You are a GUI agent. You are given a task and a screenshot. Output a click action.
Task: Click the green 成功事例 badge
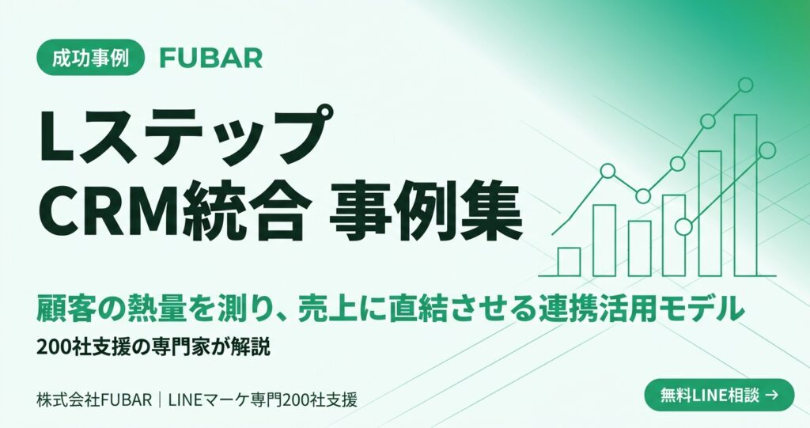(90, 58)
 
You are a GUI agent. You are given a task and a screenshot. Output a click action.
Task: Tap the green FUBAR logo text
(210, 58)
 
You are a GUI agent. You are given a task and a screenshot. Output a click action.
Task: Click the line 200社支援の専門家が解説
(153, 347)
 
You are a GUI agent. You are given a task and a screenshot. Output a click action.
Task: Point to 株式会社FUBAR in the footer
(95, 400)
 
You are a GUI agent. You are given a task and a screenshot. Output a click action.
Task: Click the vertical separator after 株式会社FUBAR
(161, 400)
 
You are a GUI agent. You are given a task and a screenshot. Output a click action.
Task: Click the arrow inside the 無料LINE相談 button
(771, 396)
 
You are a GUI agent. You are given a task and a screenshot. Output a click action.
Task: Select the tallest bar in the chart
(745, 195)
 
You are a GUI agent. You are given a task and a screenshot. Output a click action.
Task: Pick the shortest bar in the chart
(569, 262)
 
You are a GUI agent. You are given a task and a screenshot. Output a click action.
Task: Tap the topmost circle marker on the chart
(745, 85)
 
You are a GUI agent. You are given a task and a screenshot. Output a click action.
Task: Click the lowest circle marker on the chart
(684, 226)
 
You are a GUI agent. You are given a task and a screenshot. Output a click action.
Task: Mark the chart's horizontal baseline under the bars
(657, 276)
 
